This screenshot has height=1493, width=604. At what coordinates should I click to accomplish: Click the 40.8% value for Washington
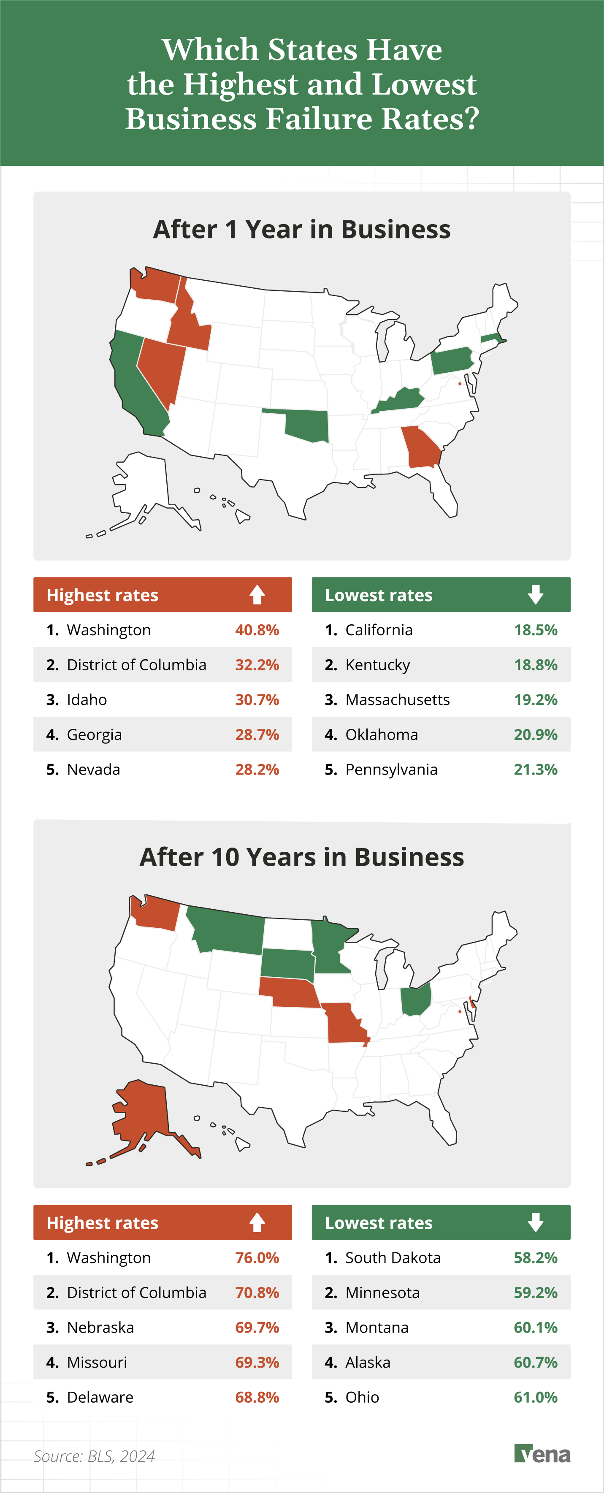click(x=257, y=630)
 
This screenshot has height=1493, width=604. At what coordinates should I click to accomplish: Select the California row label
click(x=379, y=630)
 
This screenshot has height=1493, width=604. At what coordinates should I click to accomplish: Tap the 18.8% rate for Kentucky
click(x=535, y=665)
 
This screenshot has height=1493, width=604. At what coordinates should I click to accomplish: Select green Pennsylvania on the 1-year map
click(x=451, y=361)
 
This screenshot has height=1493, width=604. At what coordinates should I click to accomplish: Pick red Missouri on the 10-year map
click(x=345, y=1023)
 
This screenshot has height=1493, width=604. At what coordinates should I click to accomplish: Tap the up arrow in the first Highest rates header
click(x=257, y=595)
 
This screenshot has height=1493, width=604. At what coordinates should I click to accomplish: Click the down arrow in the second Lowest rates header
click(x=535, y=1222)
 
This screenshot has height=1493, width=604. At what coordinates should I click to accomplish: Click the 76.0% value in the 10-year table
click(x=257, y=1258)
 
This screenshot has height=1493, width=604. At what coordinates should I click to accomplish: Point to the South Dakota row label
click(x=393, y=1258)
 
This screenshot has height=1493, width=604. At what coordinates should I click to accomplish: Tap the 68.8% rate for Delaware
click(x=257, y=1397)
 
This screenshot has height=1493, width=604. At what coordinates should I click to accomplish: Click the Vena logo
click(x=542, y=1454)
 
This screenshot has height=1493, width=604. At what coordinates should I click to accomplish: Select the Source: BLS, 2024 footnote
click(x=94, y=1456)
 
